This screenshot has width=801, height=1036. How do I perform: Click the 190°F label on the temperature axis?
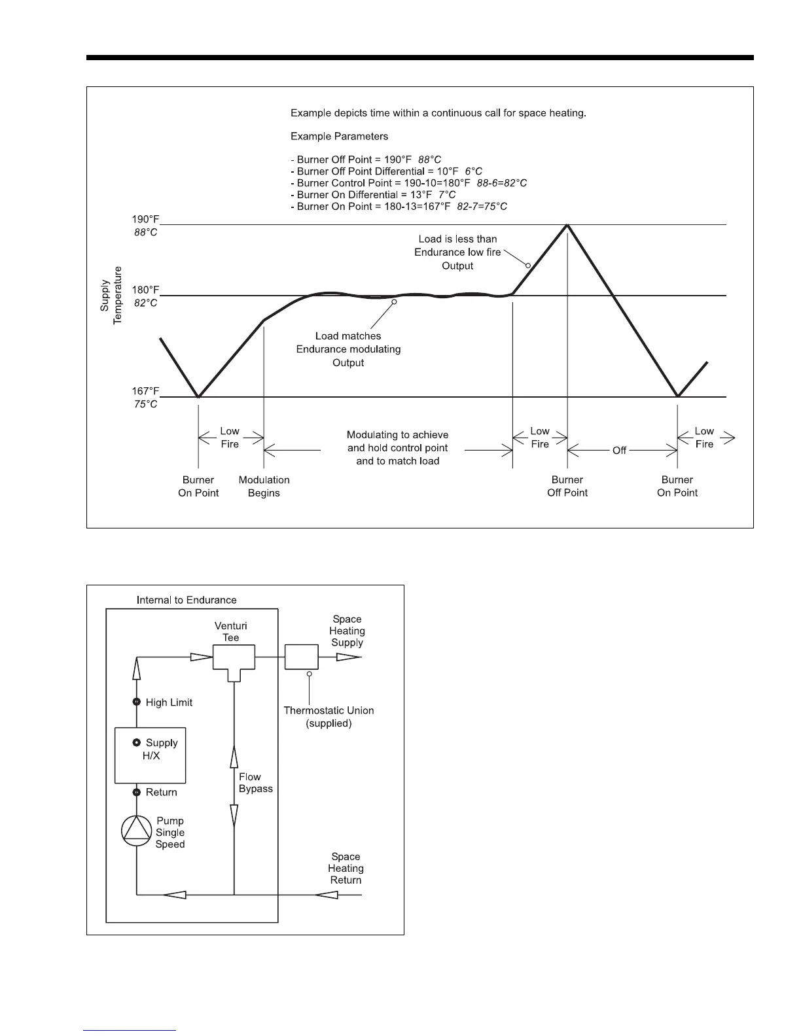pos(145,220)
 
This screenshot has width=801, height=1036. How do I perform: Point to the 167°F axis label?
pos(145,391)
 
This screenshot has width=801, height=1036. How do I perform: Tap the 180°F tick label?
pos(145,290)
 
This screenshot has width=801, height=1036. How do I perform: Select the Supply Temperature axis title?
pos(111,295)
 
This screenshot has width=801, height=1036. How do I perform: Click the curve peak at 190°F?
pos(567,225)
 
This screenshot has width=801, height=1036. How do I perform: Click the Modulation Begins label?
pos(264,486)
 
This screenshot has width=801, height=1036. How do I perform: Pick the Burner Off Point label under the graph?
pos(567,486)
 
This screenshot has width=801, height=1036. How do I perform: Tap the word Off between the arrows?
pos(619,451)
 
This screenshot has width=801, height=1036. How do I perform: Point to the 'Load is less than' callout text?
pos(457,239)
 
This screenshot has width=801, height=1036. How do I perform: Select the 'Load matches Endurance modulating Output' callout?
pos(348,349)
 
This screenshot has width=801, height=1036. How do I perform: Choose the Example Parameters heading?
pos(339,137)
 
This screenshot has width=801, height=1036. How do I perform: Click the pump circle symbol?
pos(137,830)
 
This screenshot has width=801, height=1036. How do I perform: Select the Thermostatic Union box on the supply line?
pos(302,656)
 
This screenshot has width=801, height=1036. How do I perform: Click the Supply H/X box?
pos(151,755)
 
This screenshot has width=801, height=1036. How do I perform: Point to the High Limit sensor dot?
pos(137,702)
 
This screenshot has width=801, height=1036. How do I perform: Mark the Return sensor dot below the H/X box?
pos(137,792)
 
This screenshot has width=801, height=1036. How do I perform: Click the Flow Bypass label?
pos(256,783)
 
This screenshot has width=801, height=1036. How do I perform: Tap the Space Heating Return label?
pos(346,868)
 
